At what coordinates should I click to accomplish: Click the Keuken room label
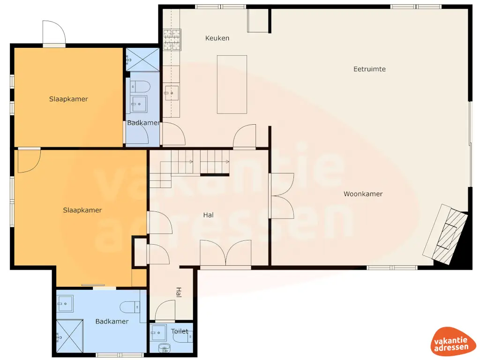coord(217,38)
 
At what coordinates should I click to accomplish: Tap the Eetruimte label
coord(369,69)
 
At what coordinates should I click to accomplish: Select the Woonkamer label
coord(363,194)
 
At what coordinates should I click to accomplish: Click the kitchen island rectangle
coord(232,84)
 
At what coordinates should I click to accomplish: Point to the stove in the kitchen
coord(172,40)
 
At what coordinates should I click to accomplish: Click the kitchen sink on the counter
coord(171,93)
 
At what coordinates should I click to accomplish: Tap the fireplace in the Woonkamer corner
coord(446,233)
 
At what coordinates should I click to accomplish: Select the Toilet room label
coord(180,331)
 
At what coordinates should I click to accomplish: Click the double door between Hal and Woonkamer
coord(281,195)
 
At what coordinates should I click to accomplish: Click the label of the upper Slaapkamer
coord(68,99)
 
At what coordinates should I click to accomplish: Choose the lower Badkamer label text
coord(112,321)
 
